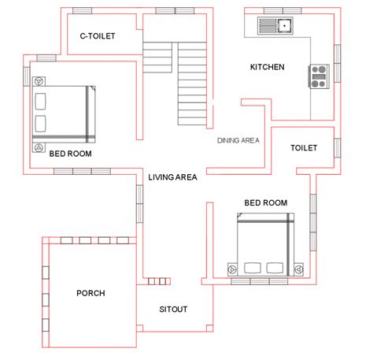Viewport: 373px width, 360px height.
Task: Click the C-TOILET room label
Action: [98, 36]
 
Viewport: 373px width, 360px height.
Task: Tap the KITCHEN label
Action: [267, 67]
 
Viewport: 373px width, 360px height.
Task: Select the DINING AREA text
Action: [239, 141]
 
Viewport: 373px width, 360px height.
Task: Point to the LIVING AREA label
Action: [172, 177]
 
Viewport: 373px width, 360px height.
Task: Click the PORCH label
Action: [90, 293]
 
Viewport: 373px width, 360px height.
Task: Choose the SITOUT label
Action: [173, 309]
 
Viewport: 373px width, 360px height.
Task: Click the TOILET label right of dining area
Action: [304, 147]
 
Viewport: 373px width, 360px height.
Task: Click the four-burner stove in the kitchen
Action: [319, 76]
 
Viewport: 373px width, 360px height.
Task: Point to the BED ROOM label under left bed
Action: [70, 154]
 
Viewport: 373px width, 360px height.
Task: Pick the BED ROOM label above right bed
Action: [265, 202]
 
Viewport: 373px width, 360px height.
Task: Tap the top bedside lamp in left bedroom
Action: [39, 80]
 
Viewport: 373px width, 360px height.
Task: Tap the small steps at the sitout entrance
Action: [157, 280]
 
